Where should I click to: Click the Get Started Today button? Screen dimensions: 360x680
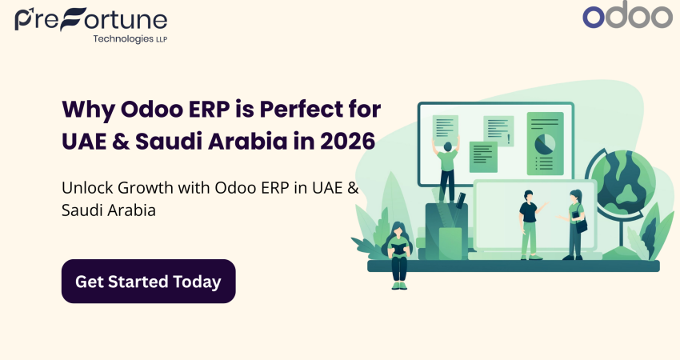tap(148, 282)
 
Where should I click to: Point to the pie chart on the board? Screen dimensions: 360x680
tap(545, 144)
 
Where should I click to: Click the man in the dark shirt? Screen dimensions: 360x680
tap(528, 224)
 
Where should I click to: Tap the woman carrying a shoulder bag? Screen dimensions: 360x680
tap(575, 224)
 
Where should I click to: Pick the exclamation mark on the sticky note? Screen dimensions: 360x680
tap(509, 139)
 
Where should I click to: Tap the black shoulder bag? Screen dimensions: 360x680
tap(582, 227)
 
